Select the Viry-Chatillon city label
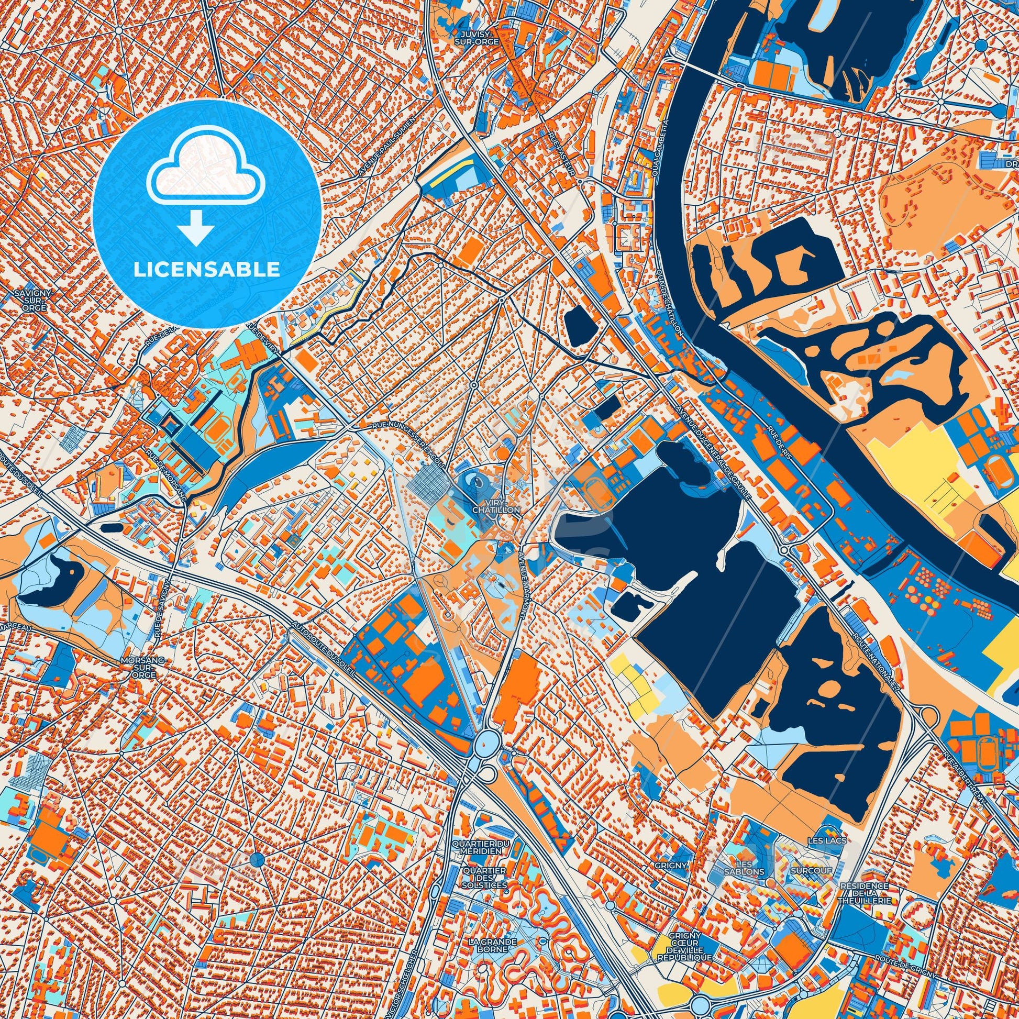click(496, 507)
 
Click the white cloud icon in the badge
click(206, 174)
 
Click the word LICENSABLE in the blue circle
click(207, 270)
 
